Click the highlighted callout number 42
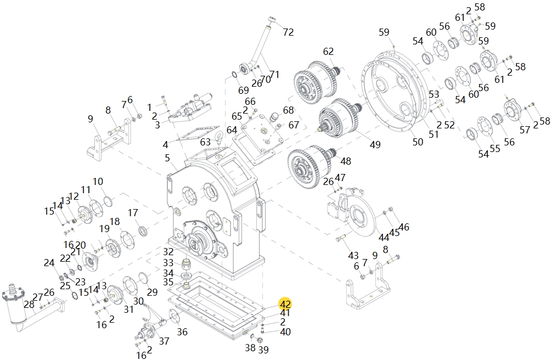pos(285,304)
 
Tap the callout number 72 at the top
pos(288,32)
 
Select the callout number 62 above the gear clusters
pos(328,52)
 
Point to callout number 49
pos(375,145)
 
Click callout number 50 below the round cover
pos(418,142)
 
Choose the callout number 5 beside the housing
pos(167,159)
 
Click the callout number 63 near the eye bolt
pos(205,142)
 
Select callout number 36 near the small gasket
pos(182,331)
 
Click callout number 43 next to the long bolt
pos(353,256)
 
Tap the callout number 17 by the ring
pos(133,212)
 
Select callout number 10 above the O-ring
pos(98,182)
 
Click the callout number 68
pos(288,110)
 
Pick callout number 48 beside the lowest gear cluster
pos(346,161)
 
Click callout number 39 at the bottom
pos(263,350)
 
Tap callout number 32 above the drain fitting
pos(168,251)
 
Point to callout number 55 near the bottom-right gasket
pos(496,149)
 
